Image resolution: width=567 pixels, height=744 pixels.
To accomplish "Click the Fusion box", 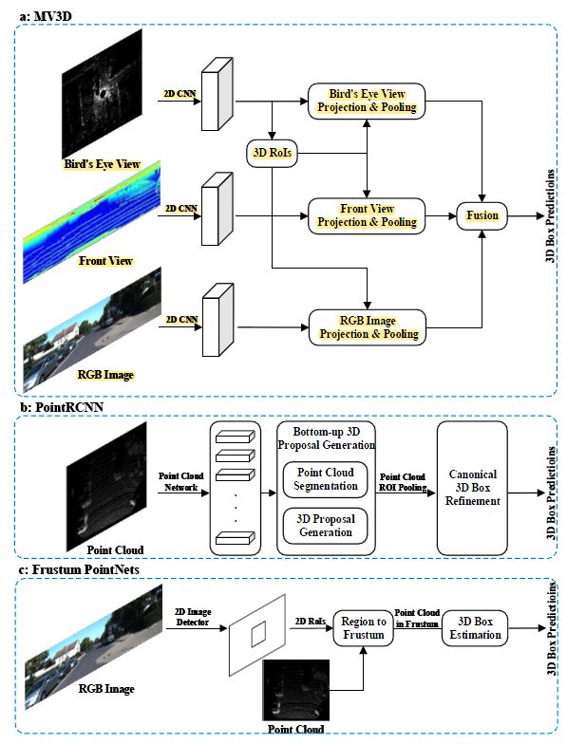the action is (482, 216).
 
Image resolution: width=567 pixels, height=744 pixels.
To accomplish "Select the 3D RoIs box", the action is (272, 153).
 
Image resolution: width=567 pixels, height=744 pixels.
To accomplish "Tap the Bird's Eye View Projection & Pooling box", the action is (367, 101).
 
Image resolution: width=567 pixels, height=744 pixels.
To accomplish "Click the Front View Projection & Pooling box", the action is (367, 216).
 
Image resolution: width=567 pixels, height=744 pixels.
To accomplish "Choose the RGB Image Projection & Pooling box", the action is (367, 327).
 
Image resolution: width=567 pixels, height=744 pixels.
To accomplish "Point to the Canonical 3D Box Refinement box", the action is (473, 488).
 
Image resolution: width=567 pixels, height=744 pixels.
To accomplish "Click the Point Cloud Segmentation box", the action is (325, 479).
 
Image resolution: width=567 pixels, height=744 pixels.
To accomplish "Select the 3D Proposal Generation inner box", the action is (325, 526).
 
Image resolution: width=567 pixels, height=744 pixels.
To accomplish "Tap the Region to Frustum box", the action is (363, 628).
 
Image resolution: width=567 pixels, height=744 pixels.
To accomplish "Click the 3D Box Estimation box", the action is (475, 628).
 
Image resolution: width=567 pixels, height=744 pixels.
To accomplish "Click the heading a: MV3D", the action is (46, 16).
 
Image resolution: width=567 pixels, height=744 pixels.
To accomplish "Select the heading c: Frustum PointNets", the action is (79, 569).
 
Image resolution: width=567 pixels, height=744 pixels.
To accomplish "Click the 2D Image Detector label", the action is (193, 617).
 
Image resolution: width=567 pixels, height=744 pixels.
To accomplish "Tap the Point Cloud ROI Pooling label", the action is (403, 482).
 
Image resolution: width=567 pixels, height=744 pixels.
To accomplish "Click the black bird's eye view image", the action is (103, 93).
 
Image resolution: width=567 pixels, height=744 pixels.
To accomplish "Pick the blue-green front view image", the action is (92, 222).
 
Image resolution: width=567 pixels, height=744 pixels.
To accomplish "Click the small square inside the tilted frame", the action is (258, 634).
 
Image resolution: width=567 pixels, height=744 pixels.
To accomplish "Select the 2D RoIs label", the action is (311, 621).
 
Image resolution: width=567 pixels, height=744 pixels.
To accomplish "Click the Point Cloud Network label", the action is (180, 482).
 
